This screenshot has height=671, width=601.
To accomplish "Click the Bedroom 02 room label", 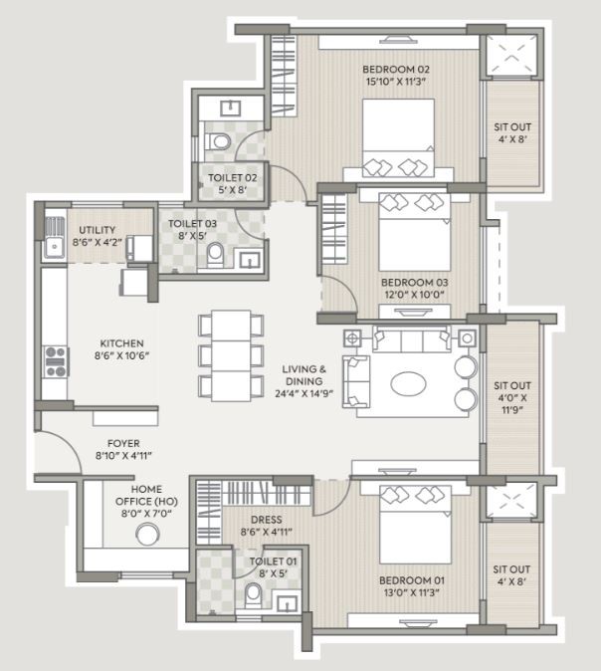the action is click(x=396, y=70).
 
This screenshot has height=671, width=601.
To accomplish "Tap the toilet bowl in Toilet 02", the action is click(x=218, y=141).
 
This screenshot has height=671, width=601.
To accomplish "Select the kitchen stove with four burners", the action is click(x=56, y=362).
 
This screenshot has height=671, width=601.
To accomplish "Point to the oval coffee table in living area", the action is click(x=408, y=383).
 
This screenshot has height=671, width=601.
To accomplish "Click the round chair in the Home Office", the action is click(x=147, y=535).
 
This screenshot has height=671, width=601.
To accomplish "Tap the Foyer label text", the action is click(x=123, y=443).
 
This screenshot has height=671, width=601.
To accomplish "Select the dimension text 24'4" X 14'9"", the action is click(x=304, y=393).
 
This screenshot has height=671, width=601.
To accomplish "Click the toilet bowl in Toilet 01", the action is click(x=253, y=594).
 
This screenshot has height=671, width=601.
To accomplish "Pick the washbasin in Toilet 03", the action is click(x=249, y=260).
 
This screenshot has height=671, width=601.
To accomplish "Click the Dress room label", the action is click(x=266, y=520).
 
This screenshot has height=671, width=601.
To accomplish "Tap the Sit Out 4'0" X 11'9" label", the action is click(x=512, y=397).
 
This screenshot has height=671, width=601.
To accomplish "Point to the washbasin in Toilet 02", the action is click(x=230, y=109).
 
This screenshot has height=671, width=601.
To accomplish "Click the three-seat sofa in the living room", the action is click(x=412, y=338).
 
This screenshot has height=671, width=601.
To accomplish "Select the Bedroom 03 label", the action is click(x=414, y=283).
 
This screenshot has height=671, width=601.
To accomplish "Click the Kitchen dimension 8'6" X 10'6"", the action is click(x=122, y=355).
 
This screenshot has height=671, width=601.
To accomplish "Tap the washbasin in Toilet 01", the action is click(x=287, y=603).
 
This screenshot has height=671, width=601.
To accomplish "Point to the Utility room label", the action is click(x=98, y=230).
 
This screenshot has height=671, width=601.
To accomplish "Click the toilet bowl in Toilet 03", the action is click(x=215, y=256).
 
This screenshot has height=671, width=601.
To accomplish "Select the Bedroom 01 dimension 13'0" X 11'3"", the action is click(x=412, y=592).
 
